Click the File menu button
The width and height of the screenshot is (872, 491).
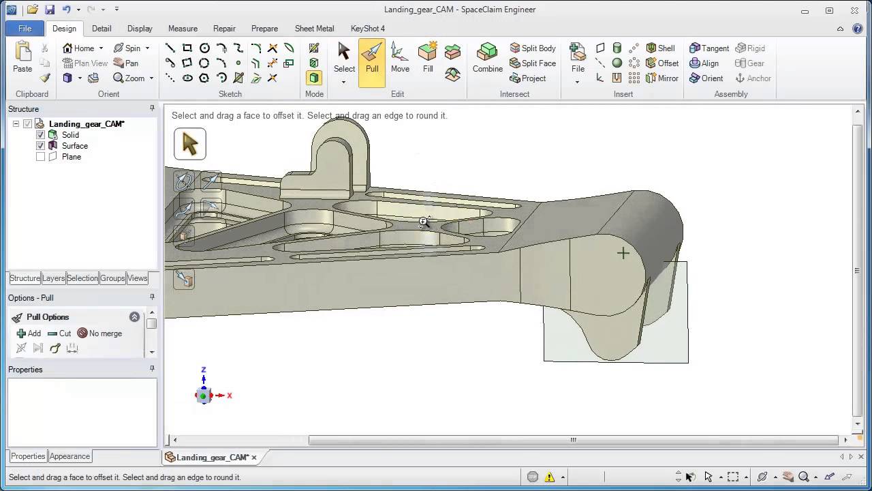[25, 29]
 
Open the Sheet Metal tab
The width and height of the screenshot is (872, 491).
[314, 29]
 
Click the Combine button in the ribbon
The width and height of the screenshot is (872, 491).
[487, 58]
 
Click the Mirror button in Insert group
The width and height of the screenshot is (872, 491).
[661, 78]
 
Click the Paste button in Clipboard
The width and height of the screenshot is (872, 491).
[22, 58]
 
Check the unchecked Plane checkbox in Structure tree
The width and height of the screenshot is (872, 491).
[40, 157]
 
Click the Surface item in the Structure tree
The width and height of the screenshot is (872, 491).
[74, 146]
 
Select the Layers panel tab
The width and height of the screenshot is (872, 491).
[53, 278]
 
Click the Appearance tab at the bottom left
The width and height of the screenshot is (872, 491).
[69, 456]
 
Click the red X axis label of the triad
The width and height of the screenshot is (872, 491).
[230, 396]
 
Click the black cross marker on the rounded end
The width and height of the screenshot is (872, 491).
[623, 254]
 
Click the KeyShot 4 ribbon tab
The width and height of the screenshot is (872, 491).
[367, 29]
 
